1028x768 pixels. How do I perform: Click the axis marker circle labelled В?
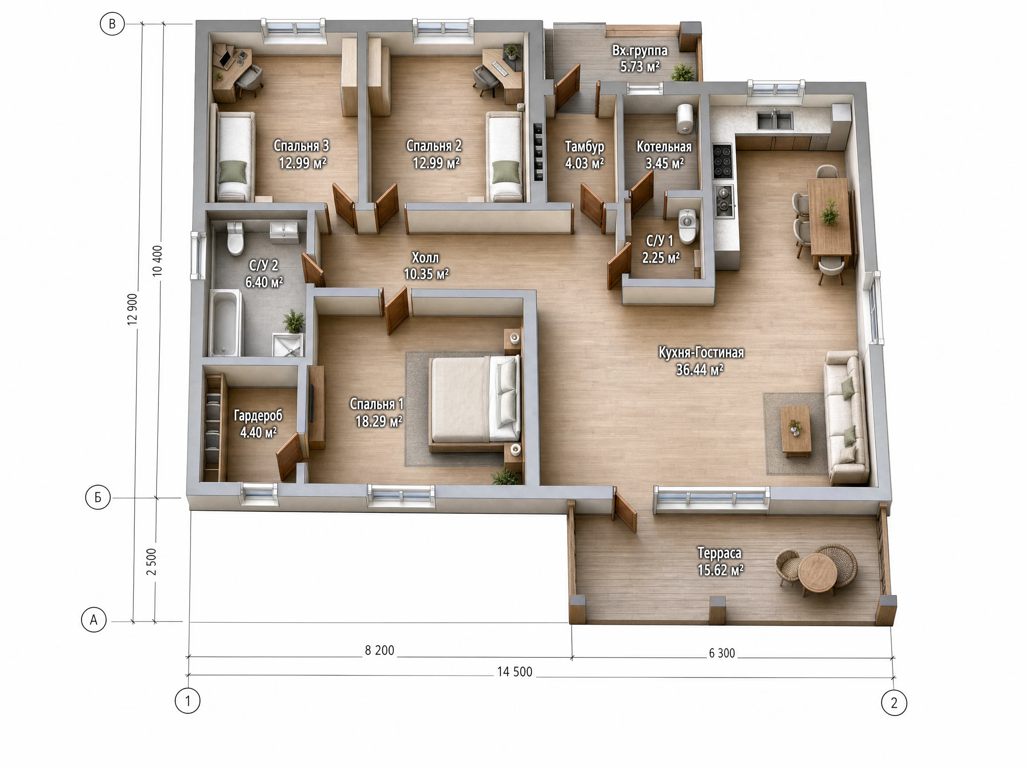click(x=112, y=24)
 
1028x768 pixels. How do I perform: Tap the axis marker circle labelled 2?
click(x=894, y=702)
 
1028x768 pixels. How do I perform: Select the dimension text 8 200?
click(x=379, y=650)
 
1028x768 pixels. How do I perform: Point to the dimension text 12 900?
click(x=132, y=309)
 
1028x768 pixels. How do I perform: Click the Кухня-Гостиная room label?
click(x=701, y=353)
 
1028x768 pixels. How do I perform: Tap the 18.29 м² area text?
click(x=378, y=421)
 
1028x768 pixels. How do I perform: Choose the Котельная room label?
click(x=664, y=147)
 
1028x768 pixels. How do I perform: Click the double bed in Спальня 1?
click(x=475, y=401)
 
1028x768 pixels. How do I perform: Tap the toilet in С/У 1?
click(x=688, y=226)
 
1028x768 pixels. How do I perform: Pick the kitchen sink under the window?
click(x=775, y=120)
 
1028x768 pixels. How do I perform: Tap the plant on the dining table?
click(x=829, y=212)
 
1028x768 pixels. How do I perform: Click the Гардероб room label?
click(x=258, y=416)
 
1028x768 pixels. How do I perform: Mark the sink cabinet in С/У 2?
click(x=284, y=233)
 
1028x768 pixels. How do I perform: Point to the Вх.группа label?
click(x=640, y=50)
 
